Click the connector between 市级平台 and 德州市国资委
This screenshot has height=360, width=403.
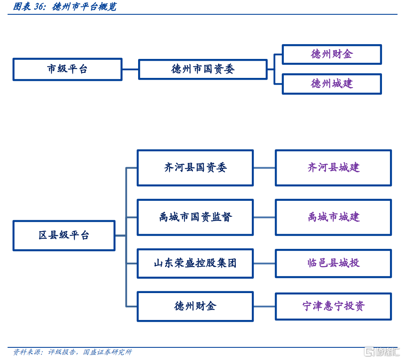pos(130,69)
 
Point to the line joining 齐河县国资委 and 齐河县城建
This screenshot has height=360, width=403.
pos(264,168)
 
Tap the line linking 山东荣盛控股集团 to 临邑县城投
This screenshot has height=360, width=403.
pos(264,264)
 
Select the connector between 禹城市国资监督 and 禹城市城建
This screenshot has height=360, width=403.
pos(264,217)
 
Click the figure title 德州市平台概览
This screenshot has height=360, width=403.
pos(84,7)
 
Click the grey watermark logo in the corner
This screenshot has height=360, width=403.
pos(382,352)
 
